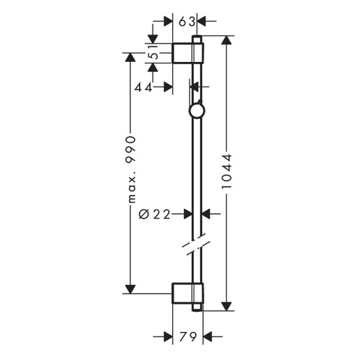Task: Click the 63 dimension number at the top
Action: tap(186, 21)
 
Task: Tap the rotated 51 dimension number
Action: tap(153, 53)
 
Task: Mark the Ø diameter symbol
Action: tap(144, 213)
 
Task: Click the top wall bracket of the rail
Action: tap(189, 53)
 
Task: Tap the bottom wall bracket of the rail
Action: tap(189, 294)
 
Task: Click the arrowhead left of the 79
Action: tap(168, 336)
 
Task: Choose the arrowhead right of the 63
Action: tap(202, 21)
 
